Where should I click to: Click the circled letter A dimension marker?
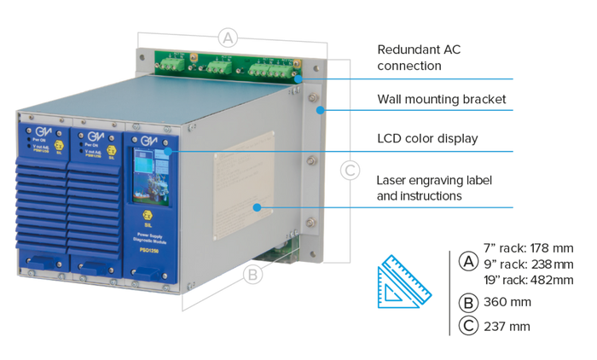[226, 37]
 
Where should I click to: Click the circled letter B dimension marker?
[252, 275]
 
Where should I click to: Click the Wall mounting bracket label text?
[443, 100]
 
